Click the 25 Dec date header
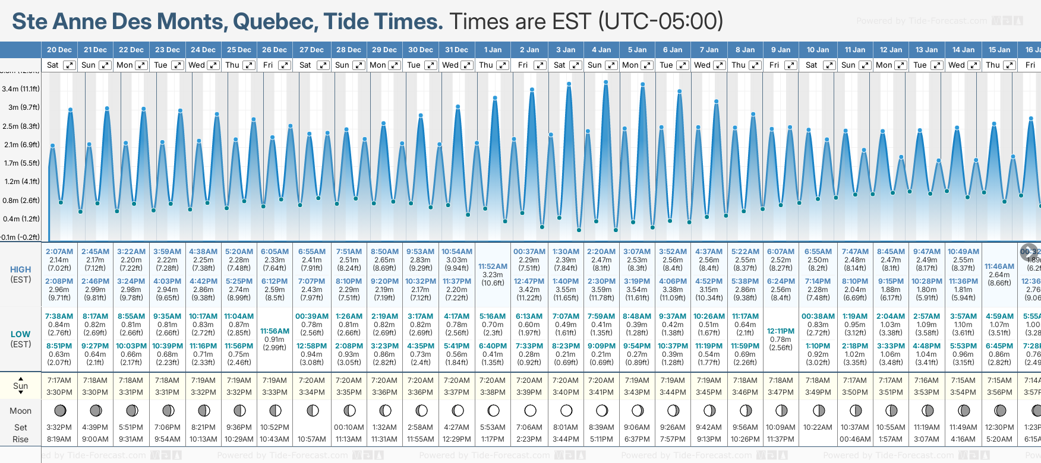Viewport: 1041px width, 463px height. pos(239,50)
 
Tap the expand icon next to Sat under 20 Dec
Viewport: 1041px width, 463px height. pos(70,65)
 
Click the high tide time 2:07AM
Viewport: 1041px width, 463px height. pos(59,252)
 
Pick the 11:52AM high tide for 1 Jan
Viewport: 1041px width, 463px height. pos(493,267)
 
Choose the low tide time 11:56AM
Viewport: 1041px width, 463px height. pos(275,331)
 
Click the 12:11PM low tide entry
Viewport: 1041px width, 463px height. pos(781,331)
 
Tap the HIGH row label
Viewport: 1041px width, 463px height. pos(20,269)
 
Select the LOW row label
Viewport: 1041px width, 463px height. pos(20,334)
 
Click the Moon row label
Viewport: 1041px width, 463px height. pos(20,411)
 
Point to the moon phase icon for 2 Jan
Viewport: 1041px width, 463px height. pos(530,410)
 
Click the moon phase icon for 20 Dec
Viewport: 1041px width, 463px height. pos(60,410)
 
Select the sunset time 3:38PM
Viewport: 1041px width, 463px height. pos(493,392)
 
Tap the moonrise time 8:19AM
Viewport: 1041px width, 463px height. pos(59,439)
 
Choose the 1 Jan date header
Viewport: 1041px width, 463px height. pos(493,50)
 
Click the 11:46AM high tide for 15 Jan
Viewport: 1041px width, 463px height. pos(999,267)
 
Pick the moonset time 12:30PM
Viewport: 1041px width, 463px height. pos(999,427)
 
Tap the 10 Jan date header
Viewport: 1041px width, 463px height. pos(818,50)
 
